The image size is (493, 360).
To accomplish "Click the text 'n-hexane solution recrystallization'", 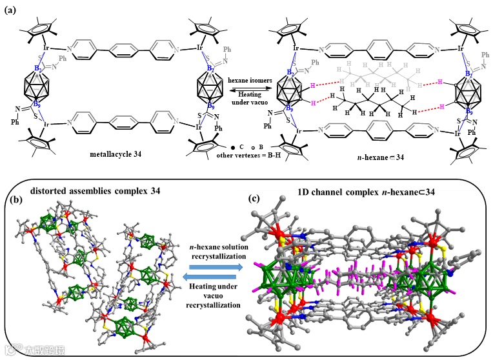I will coord(212,250).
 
